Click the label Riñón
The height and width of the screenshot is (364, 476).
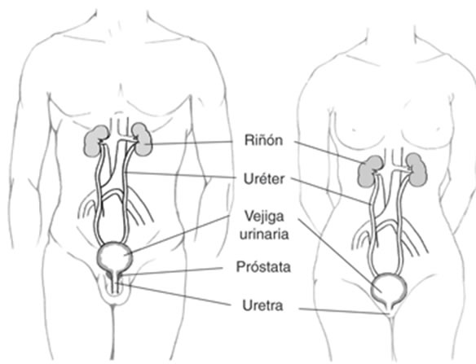(263, 140)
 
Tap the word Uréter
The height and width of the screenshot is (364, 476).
(264, 179)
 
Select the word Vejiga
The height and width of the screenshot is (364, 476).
(264, 217)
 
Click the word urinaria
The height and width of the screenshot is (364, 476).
(264, 234)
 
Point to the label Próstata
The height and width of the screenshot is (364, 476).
(263, 267)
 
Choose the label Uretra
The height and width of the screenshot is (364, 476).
(263, 305)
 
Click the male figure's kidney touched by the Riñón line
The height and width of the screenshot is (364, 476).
(143, 139)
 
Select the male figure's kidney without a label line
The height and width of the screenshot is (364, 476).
(95, 141)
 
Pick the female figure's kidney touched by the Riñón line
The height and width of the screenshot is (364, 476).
(369, 171)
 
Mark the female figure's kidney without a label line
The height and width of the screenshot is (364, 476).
(417, 169)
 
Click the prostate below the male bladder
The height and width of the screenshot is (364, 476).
(114, 275)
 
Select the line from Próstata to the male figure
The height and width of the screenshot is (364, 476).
(172, 271)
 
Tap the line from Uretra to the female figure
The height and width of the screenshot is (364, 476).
(344, 312)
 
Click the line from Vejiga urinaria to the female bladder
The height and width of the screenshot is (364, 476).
(340, 256)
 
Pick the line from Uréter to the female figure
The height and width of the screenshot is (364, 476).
(331, 191)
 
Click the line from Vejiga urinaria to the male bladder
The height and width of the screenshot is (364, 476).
(179, 235)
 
